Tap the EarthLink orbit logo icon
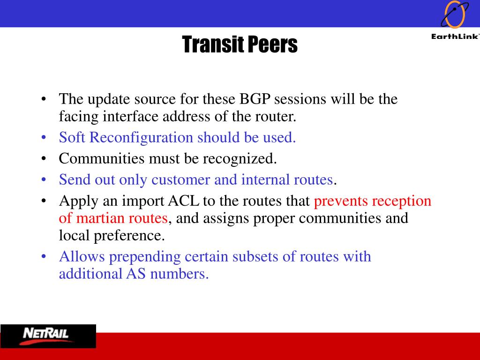[455, 15]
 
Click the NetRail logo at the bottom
[48, 336]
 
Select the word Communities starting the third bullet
[102, 158]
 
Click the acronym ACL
[183, 201]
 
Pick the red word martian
[100, 218]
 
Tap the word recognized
[240, 159]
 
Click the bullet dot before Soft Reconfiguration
[44, 138]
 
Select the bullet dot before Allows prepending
[44, 256]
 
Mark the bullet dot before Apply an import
[44, 201]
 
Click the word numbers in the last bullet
[180, 274]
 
